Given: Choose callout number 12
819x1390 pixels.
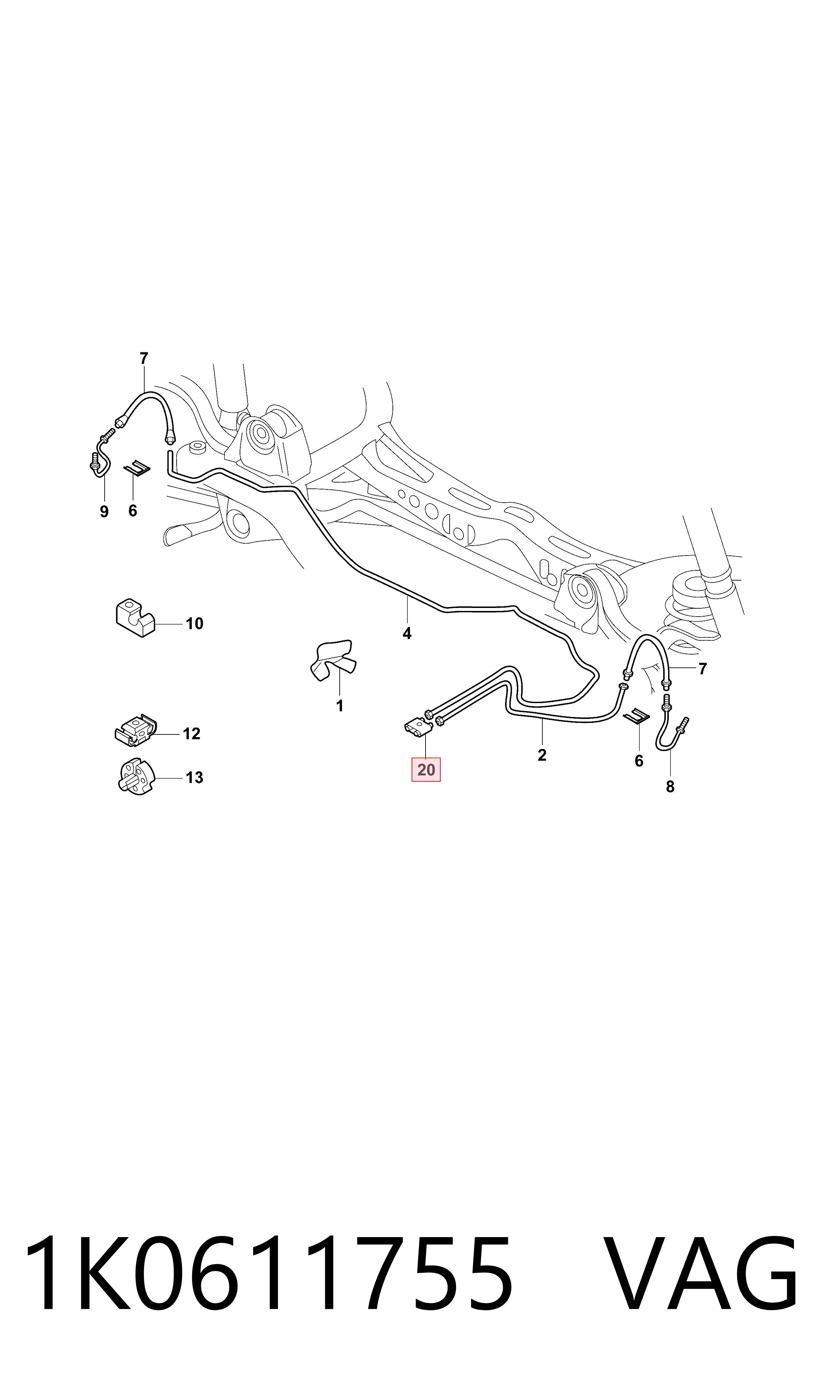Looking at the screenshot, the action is pos(191,734).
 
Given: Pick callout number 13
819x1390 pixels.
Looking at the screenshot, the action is pos(194,778).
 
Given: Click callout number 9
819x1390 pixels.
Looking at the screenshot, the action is pos(104,512).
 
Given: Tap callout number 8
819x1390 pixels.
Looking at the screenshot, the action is pos(670,787).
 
